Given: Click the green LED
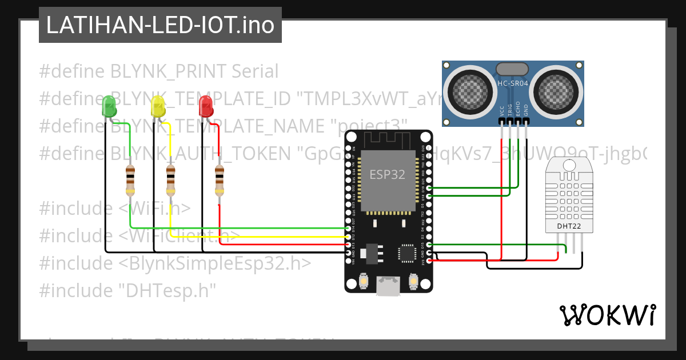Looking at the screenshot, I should pyautogui.click(x=109, y=106).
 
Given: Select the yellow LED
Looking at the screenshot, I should pyautogui.click(x=157, y=106).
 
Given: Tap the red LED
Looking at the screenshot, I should pyautogui.click(x=205, y=106).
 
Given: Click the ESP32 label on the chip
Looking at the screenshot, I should pyautogui.click(x=387, y=174).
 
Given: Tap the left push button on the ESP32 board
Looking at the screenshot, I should pyautogui.click(x=363, y=281).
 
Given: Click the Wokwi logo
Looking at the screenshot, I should pyautogui.click(x=607, y=315).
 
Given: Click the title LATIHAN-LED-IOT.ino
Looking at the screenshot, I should pyautogui.click(x=159, y=25).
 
